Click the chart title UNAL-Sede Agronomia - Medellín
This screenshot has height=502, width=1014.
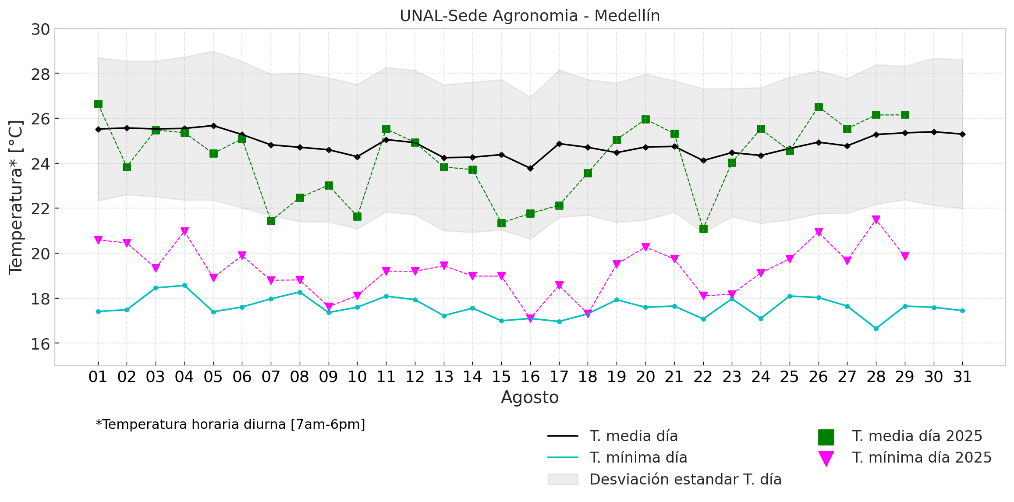(529, 16)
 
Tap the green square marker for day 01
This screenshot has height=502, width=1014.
(98, 104)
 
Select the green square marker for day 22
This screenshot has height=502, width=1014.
(703, 229)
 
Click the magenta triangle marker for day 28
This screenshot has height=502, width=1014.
(876, 219)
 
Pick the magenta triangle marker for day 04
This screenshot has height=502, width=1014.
(184, 231)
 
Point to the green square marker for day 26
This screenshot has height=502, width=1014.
(819, 107)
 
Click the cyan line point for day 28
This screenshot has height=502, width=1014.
(876, 329)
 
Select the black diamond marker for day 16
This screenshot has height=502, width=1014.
(530, 168)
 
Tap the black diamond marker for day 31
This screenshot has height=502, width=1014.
(962, 134)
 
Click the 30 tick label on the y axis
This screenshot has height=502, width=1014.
(40, 29)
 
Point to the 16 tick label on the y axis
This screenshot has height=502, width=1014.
(40, 344)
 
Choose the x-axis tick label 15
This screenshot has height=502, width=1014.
(501, 377)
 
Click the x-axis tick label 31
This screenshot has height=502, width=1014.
(962, 377)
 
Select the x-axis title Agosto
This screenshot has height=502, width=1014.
(529, 397)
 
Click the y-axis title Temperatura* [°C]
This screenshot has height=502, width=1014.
(16, 197)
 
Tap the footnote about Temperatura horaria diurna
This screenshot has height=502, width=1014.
(230, 424)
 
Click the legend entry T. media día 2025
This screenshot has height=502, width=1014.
(917, 436)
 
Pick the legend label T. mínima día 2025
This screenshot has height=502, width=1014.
(922, 458)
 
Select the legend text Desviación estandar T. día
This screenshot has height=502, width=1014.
(685, 480)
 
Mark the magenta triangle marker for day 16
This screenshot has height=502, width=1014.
(530, 318)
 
